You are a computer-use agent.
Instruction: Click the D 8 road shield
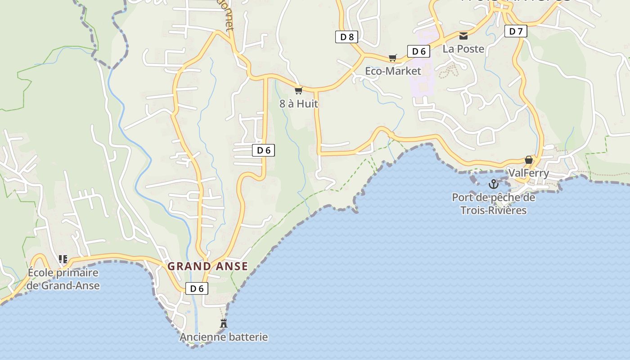pyautogui.click(x=346, y=37)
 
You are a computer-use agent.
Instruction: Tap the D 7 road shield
pyautogui.click(x=516, y=31)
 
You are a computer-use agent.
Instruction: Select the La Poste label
pyautogui.click(x=463, y=49)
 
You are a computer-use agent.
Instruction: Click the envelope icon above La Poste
pyautogui.click(x=463, y=36)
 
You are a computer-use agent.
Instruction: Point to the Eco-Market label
pyautogui.click(x=393, y=71)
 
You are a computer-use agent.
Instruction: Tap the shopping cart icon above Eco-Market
pyautogui.click(x=393, y=58)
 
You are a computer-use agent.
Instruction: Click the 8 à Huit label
pyautogui.click(x=299, y=103)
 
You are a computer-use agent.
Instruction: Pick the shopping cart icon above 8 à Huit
pyautogui.click(x=298, y=90)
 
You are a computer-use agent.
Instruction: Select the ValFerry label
pyautogui.click(x=528, y=173)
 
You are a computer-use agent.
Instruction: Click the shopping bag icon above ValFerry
pyautogui.click(x=528, y=160)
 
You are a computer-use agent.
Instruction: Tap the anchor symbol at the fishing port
pyautogui.click(x=494, y=184)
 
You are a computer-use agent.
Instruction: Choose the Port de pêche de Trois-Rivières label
pyautogui.click(x=494, y=204)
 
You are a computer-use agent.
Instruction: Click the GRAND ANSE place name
pyautogui.click(x=208, y=266)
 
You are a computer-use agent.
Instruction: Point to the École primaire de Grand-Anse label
pyautogui.click(x=63, y=279)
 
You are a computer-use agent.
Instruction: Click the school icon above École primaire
pyautogui.click(x=63, y=259)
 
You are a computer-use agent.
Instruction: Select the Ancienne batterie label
pyautogui.click(x=224, y=337)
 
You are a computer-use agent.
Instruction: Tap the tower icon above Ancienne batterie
pyautogui.click(x=223, y=323)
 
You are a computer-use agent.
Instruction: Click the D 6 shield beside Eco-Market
pyautogui.click(x=418, y=51)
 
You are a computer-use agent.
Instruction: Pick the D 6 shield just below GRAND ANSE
pyautogui.click(x=197, y=288)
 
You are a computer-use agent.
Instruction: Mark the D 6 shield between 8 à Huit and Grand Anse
pyautogui.click(x=264, y=150)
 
